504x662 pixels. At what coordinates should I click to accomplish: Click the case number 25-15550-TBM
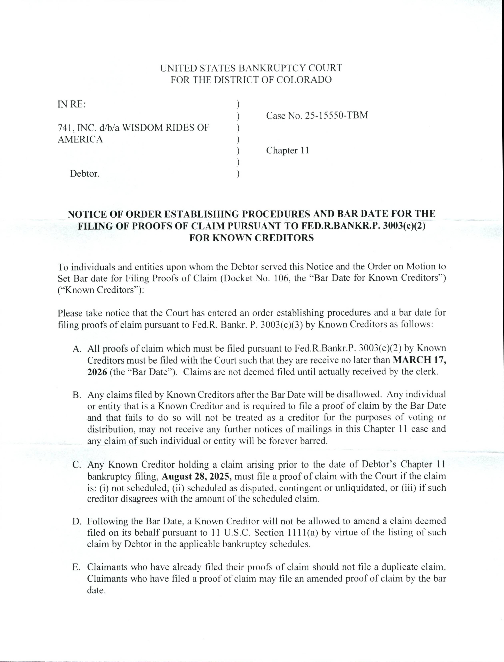tap(336, 116)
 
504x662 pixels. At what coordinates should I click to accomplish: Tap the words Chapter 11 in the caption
tap(287, 150)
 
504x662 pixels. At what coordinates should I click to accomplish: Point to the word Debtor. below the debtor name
tap(85, 174)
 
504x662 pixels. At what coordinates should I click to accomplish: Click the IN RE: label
tap(71, 104)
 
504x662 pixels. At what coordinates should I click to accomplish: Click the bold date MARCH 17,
tap(419, 360)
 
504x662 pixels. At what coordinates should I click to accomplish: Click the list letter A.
tap(77, 348)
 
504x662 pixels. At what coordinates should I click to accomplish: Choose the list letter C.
tap(77, 465)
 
